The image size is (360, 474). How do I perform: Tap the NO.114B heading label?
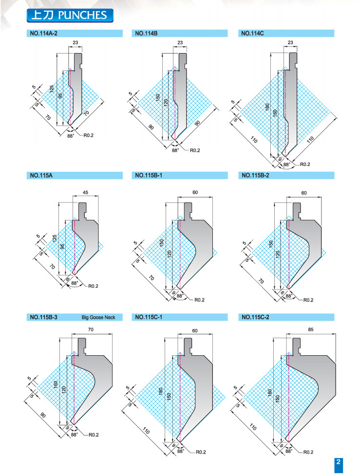(x=146, y=34)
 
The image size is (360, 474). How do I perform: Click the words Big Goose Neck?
(x=98, y=318)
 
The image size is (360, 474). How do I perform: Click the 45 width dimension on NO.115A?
(x=85, y=192)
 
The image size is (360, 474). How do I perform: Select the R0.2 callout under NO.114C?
(x=305, y=165)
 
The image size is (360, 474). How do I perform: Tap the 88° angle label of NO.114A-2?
(x=71, y=136)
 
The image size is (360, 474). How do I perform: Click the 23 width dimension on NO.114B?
(x=181, y=43)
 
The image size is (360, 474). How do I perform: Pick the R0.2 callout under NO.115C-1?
(x=201, y=453)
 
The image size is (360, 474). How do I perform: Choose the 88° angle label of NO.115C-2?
(x=288, y=452)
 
